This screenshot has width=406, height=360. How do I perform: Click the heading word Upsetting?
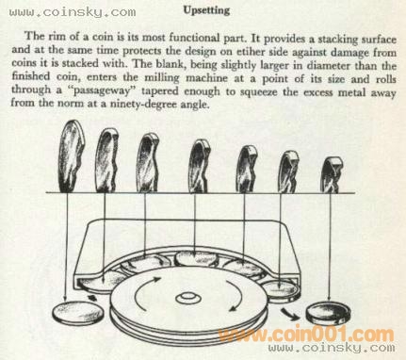[x=206, y=10]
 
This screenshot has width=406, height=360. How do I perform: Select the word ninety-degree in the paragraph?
[x=143, y=104]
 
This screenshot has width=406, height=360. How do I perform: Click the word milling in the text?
[x=162, y=77]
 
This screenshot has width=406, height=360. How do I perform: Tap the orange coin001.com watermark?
[x=306, y=334]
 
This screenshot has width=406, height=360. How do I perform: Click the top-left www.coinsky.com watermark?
[x=73, y=12]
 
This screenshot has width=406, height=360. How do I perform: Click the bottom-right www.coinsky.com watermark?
[x=332, y=348]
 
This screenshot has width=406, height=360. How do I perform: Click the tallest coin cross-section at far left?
[x=71, y=156]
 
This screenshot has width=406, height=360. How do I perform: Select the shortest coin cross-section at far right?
[x=332, y=175]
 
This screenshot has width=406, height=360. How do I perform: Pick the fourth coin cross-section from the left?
[x=199, y=166]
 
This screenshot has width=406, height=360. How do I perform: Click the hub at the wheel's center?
[x=188, y=298]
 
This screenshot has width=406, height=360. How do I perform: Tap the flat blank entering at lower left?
[x=77, y=313]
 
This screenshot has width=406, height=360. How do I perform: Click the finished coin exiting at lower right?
[x=329, y=313]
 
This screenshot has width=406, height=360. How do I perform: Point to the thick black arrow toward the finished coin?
[x=289, y=314]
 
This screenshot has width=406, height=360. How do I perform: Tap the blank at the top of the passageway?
[x=196, y=258]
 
